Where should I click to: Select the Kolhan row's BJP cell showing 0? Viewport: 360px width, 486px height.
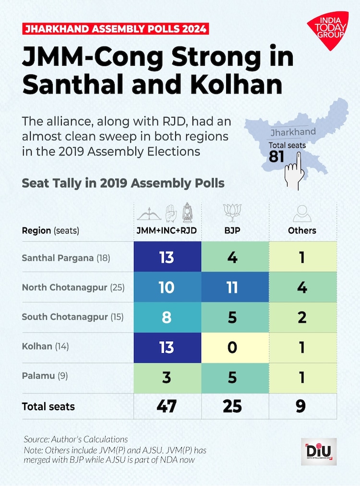pyautogui.click(x=232, y=347)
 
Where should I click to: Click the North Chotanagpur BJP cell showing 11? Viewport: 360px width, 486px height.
pyautogui.click(x=232, y=287)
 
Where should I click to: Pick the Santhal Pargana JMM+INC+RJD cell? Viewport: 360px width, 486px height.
pyautogui.click(x=167, y=258)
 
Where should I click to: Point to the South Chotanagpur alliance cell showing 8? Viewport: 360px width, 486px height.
pyautogui.click(x=167, y=317)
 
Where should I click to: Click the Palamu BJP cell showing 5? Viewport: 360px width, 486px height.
pyautogui.click(x=232, y=377)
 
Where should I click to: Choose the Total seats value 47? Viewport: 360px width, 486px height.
pyautogui.click(x=167, y=406)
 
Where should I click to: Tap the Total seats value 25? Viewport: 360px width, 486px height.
pyautogui.click(x=232, y=406)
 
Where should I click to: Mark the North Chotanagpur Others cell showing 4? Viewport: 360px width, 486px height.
pyautogui.click(x=302, y=287)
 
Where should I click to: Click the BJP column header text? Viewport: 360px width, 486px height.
pyautogui.click(x=232, y=230)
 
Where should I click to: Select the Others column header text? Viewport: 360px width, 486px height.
pyautogui.click(x=302, y=230)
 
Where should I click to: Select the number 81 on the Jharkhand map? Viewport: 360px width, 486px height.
pyautogui.click(x=276, y=156)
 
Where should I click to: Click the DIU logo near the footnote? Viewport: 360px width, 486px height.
pyautogui.click(x=318, y=451)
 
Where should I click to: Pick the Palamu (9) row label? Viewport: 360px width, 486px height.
pyautogui.click(x=45, y=377)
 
